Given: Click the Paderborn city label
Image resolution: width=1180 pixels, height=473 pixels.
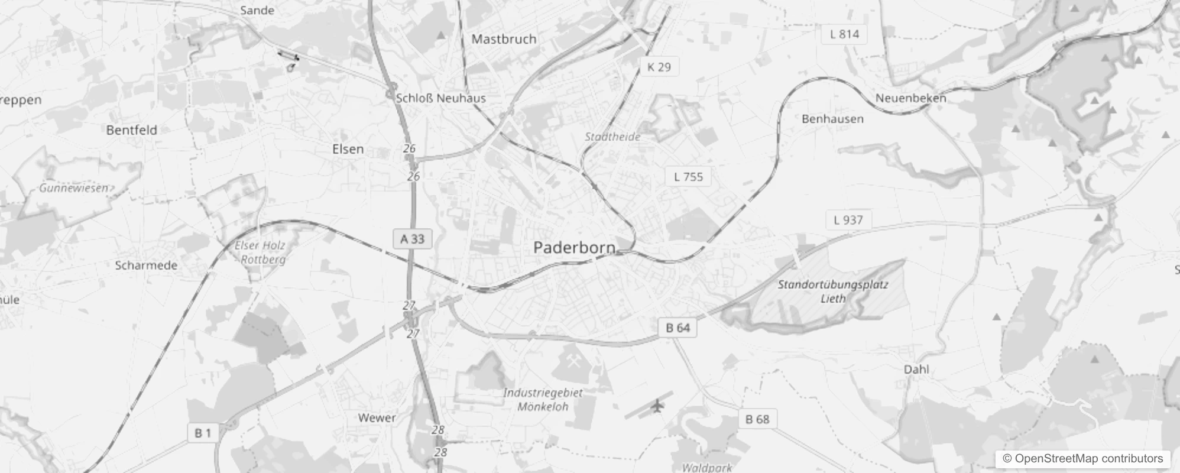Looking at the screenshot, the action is coord(574,247).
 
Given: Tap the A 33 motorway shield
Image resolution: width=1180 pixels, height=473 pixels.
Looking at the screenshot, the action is coord(412,239).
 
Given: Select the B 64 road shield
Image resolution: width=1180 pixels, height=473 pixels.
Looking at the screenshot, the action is coord(677,328).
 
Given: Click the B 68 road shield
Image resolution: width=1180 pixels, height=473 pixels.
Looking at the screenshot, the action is coord(757,419).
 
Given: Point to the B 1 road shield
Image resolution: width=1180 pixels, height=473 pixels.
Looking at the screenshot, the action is coord(203,433).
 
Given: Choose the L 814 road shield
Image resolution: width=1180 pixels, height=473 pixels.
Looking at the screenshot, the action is coord(844,34).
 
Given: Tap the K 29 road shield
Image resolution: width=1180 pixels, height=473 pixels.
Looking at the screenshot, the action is coord(659,67).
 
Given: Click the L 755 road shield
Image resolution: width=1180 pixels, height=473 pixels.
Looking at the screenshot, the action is coord(688,176).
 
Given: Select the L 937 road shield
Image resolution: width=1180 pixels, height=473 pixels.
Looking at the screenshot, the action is coord(848,220).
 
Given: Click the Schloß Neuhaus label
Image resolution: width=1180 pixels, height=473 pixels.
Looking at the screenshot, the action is coord(440,98).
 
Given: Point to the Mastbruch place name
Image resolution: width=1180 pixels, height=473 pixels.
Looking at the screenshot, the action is coord(504,39).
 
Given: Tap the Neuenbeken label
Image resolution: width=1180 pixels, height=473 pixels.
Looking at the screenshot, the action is coord(910,98).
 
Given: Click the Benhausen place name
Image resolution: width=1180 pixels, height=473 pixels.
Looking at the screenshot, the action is coord(832,119).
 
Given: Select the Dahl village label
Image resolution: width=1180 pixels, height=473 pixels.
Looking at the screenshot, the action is coord(916,370).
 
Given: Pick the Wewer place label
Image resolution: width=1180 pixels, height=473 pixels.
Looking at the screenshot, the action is coord(377,418).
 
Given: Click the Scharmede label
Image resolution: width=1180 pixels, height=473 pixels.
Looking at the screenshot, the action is coord(146,265).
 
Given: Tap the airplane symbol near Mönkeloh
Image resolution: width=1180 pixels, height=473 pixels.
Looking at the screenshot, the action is coord(657,406).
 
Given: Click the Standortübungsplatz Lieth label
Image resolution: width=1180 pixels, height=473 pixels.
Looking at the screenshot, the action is coord(832,291).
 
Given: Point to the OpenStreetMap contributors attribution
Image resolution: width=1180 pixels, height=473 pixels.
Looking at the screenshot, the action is coord(1082,459).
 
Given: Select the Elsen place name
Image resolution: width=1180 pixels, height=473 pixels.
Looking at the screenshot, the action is coord(348,149).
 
